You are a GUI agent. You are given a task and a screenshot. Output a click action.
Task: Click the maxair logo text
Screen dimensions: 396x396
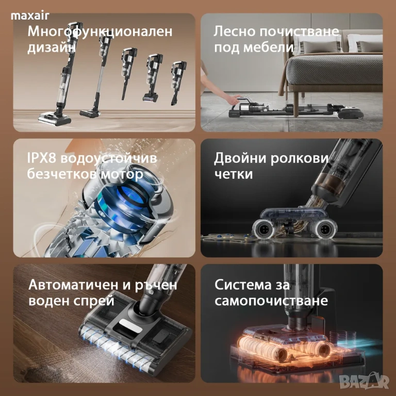[30, 16]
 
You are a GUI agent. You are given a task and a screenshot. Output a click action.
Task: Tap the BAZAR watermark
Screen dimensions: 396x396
[364, 381]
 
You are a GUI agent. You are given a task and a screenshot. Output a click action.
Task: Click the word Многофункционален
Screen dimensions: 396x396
[100, 32]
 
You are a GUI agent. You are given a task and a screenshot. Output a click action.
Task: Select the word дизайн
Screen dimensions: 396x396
[52, 47]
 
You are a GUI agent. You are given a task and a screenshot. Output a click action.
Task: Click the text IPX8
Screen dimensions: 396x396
[42, 158]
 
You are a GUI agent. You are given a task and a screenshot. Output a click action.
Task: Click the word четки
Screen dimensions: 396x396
[234, 174]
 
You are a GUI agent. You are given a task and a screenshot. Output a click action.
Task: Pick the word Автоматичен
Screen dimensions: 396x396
[74, 285]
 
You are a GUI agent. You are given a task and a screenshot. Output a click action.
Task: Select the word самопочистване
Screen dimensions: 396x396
[271, 301]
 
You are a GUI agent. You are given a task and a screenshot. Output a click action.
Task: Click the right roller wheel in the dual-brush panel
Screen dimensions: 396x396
[324, 229]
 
